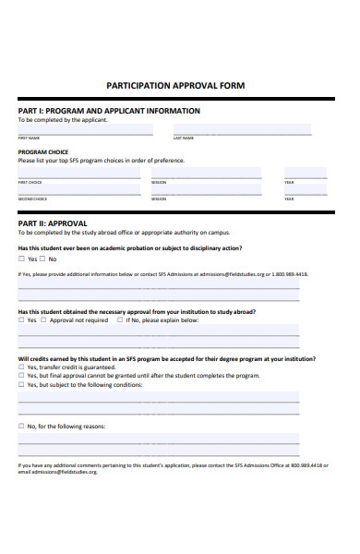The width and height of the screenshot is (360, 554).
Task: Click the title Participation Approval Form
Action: pyautogui.click(x=179, y=85)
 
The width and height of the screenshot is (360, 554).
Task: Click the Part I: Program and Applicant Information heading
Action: pyautogui.click(x=109, y=111)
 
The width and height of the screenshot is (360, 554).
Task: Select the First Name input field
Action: pyautogui.click(x=87, y=130)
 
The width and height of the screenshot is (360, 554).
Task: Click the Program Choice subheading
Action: pyautogui.click(x=42, y=152)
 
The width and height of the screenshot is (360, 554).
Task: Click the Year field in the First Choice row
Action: pyautogui.click(x=306, y=175)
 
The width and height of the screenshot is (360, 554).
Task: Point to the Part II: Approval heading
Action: pyautogui.click(x=53, y=223)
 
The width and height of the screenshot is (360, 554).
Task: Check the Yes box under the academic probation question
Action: pyautogui.click(x=21, y=259)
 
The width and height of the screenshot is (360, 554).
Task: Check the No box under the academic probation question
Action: pyautogui.click(x=44, y=259)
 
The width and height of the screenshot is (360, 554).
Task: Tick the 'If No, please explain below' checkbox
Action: pyautogui.click(x=115, y=320)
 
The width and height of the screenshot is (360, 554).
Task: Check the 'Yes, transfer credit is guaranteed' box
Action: pyautogui.click(x=21, y=367)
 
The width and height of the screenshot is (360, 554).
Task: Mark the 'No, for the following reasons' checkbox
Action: pyautogui.click(x=21, y=427)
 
